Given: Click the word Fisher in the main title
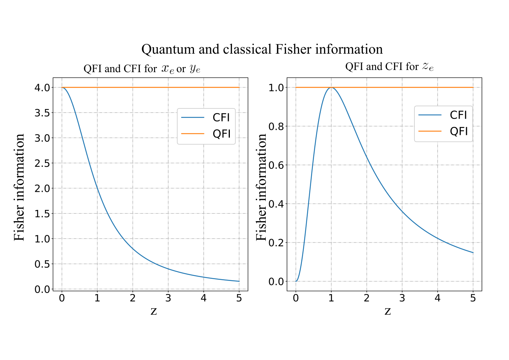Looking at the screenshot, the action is pos(293,49).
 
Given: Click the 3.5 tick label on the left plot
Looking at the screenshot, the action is pos(42,113).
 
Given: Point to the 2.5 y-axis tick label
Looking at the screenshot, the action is pos(42,163).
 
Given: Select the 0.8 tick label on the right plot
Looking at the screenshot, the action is pos(276,127).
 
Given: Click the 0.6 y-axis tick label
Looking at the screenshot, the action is pos(276,165).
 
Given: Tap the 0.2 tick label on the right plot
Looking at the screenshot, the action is pos(276,243).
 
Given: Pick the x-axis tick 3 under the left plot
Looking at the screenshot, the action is pos(168,298).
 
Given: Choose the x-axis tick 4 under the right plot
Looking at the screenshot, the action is pos(438,298).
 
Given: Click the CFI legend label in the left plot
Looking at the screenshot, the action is pos(221,117).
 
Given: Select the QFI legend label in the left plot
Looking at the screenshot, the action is pos(222,134).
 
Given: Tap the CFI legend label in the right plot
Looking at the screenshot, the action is pos(458,115).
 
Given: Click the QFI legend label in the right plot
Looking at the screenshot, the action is pos(459,131).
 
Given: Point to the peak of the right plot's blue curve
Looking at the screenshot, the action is pos(331,87).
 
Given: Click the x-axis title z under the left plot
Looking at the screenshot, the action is pos(154,311).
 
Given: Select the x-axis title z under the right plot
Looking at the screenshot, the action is pos(388,311).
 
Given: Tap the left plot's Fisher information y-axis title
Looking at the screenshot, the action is pos(19,187).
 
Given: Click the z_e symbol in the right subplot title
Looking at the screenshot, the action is pos(428,67).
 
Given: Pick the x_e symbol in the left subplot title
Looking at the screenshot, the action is pos(168,69).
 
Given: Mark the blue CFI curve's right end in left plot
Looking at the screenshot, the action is pos(239,281).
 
